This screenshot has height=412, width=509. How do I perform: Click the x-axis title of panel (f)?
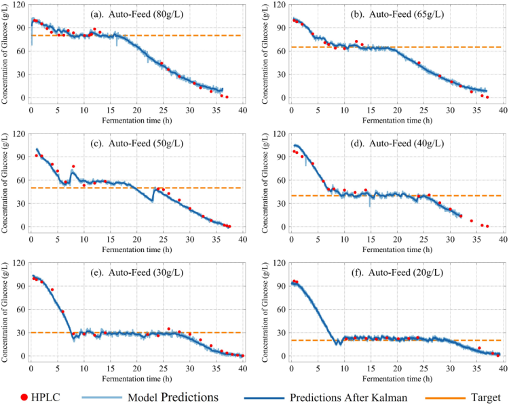pos(396,376)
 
